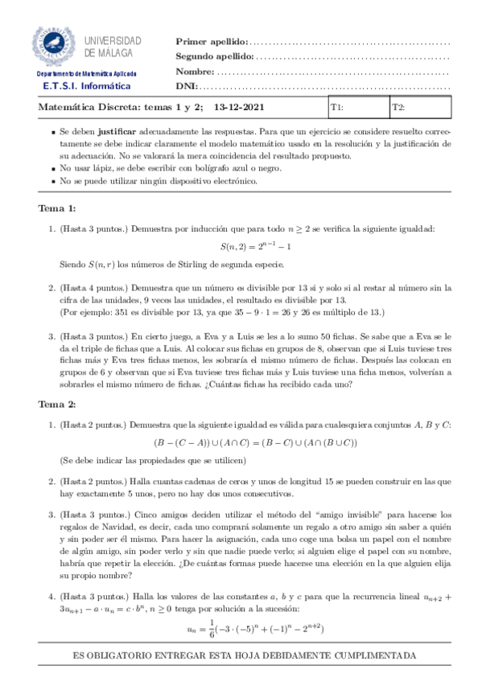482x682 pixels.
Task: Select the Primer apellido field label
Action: click(212, 42)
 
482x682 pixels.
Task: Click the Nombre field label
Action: click(194, 71)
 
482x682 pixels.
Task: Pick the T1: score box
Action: click(358, 107)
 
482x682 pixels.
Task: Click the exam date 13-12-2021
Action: click(238, 107)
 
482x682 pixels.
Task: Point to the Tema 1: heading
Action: click(57, 208)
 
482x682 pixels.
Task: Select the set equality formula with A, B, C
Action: click(256, 442)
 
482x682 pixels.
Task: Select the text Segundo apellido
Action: click(214, 56)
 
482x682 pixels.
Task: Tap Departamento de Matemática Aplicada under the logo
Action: click(86, 73)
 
